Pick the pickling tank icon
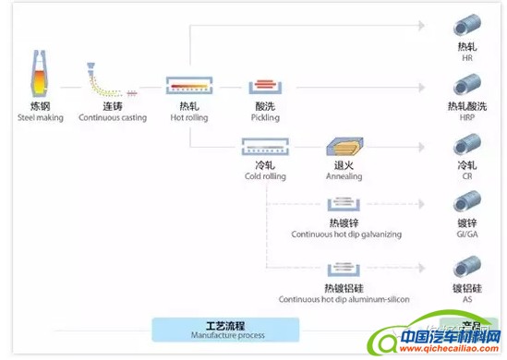tap(265, 87)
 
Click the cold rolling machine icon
tap(263, 148)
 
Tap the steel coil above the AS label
tap(465, 268)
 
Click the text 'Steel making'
tap(31, 118)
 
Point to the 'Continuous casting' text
tap(113, 118)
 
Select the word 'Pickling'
tap(265, 118)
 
